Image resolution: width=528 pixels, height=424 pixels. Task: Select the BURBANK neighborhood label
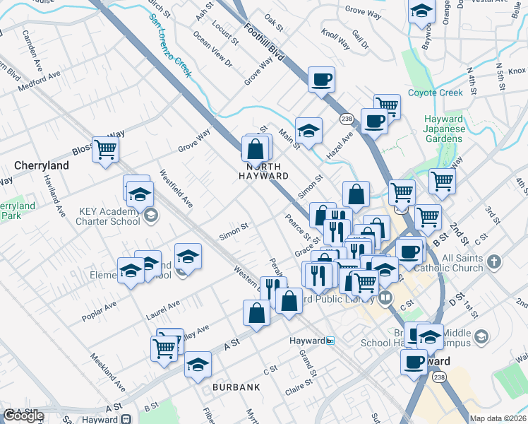pyautogui.click(x=236, y=387)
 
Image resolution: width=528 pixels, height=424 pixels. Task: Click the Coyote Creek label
pyautogui.click(x=436, y=93)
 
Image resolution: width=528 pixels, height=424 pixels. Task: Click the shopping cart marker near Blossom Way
pyautogui.click(x=105, y=149)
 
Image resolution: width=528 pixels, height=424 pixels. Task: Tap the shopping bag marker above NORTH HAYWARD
pyautogui.click(x=256, y=148)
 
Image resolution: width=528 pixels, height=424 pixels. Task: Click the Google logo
pyautogui.click(x=23, y=416)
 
